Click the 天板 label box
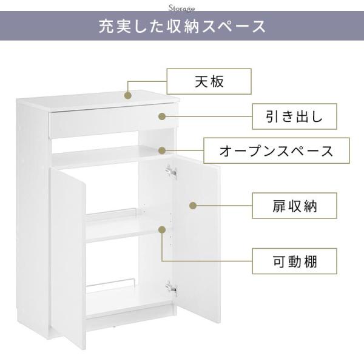pos(209,81)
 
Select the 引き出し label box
pos(294,116)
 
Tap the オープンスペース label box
pos(277,150)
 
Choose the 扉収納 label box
pos(294,206)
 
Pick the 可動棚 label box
pos(294,261)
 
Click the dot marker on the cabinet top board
pos(128,95)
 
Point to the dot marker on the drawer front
pos(162,116)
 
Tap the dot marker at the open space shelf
pos(162,150)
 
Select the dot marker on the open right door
pos(193,206)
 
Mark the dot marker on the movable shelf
pos(162,230)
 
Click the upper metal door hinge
pos(171,172)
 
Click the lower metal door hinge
pos(171,289)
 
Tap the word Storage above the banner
pos(181,8)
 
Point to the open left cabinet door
pos(67,257)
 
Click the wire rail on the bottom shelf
pos(111,285)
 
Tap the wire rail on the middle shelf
pos(111,214)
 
